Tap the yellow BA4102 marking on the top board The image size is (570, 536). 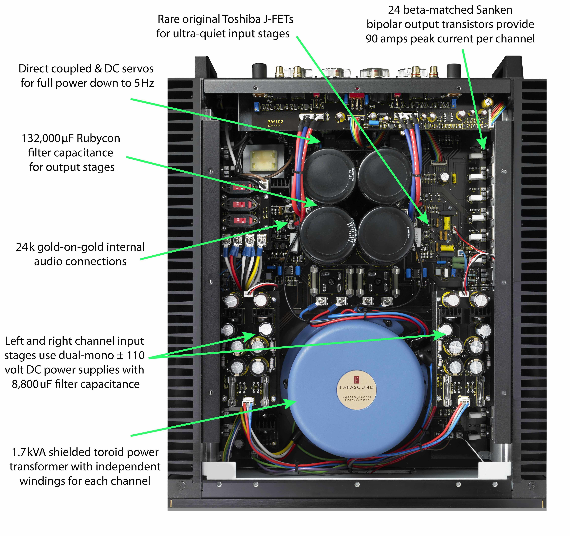point(275,122)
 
